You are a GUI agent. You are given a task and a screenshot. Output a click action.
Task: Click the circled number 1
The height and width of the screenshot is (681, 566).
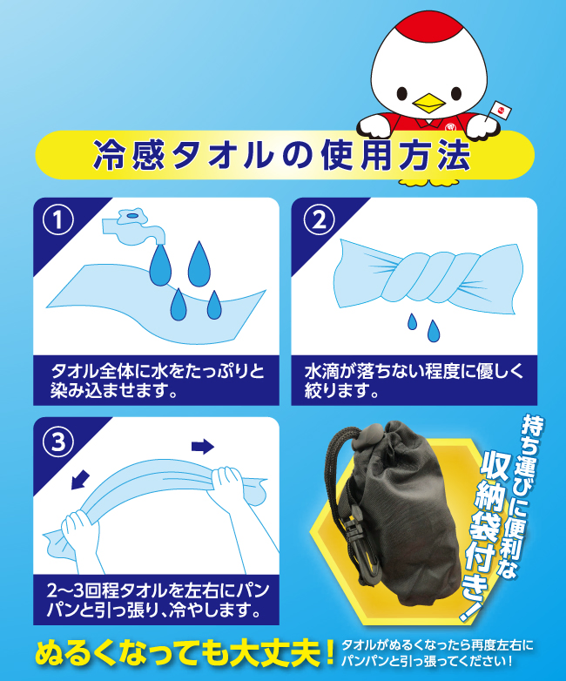(58, 219)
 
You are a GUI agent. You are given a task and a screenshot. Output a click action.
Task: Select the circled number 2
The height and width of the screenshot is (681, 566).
(320, 219)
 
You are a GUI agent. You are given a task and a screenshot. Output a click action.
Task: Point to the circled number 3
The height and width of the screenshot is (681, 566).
(58, 442)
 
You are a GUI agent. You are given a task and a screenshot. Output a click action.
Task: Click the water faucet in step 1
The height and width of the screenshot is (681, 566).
(133, 226)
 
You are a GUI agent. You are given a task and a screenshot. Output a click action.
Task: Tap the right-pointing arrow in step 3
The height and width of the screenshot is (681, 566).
(202, 446)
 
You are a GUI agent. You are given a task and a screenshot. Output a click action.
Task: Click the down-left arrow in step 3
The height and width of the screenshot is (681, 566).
(80, 480)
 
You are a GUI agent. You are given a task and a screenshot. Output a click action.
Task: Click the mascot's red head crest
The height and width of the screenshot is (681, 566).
(428, 27)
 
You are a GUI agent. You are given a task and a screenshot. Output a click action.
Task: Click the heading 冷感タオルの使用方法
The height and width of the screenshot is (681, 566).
(282, 156)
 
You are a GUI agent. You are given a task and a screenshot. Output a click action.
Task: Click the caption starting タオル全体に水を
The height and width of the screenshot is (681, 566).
(157, 381)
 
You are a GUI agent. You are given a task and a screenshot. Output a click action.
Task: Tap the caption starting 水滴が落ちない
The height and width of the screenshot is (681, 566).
(414, 381)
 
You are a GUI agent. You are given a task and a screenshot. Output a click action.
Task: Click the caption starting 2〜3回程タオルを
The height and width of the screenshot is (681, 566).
(158, 601)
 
